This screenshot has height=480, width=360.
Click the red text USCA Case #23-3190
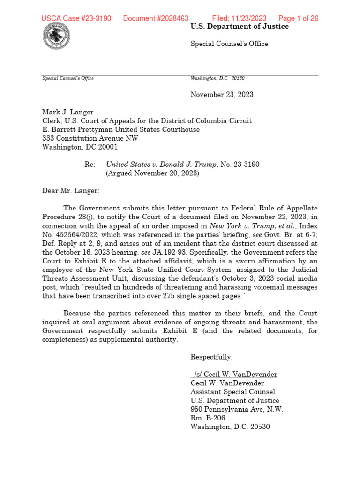pyautogui.click(x=76, y=19)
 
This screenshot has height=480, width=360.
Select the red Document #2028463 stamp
pyautogui.click(x=156, y=19)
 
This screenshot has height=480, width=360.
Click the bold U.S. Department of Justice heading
pyautogui.click(x=240, y=27)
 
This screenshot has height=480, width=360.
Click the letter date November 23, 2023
pyautogui.click(x=222, y=95)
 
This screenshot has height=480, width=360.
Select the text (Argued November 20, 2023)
pyautogui.click(x=153, y=173)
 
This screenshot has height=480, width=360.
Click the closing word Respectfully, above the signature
pyautogui.click(x=211, y=357)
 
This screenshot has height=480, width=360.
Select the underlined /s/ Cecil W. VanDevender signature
pyautogui.click(x=234, y=375)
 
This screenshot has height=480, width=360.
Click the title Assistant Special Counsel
pyautogui.click(x=232, y=392)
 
